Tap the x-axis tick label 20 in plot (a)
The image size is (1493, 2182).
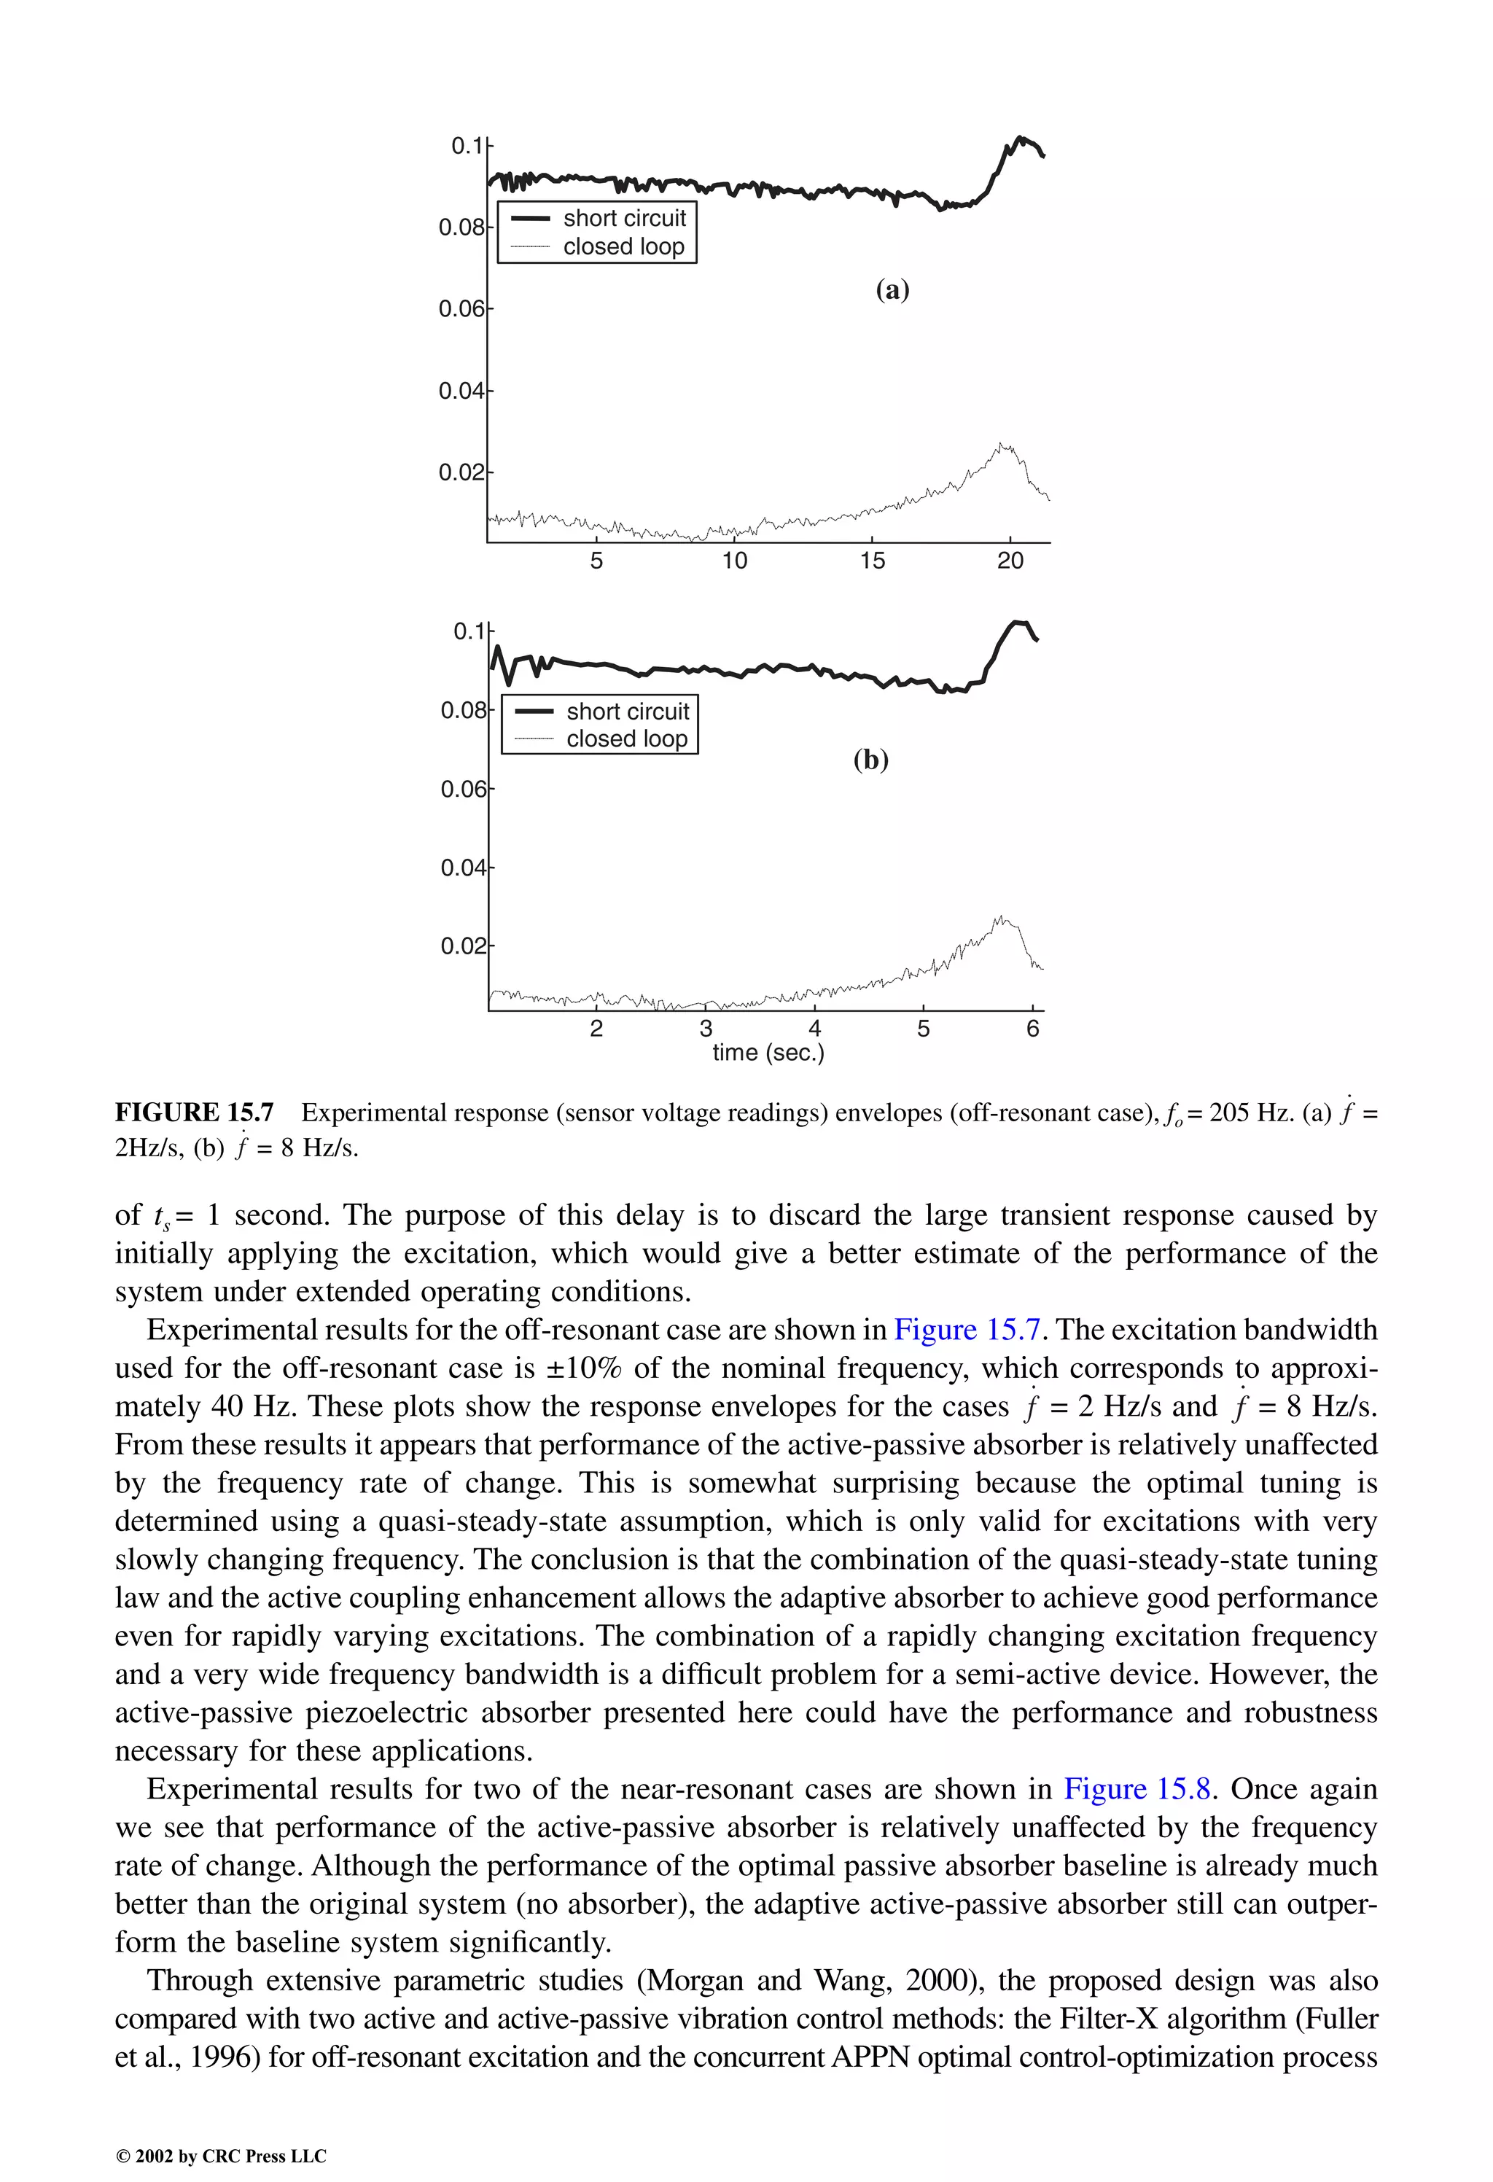coord(1010,561)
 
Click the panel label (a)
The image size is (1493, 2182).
coord(892,290)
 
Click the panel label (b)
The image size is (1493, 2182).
coord(870,760)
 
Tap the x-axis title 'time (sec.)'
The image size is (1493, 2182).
coord(768,1053)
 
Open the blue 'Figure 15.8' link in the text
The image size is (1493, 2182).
coord(1137,1790)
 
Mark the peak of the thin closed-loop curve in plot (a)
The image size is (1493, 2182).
coord(1002,444)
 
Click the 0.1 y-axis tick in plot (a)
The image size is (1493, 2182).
coord(467,147)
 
